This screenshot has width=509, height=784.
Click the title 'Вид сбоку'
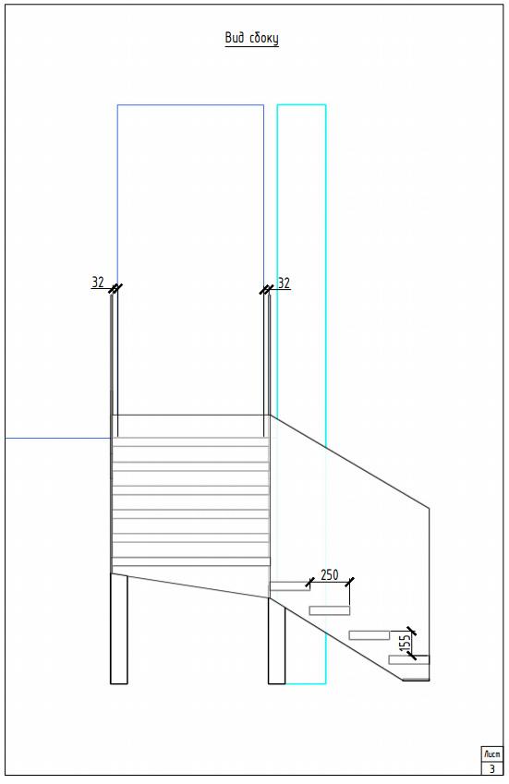click(251, 39)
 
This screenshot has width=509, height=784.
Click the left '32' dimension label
click(98, 283)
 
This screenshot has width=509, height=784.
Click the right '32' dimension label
click(284, 283)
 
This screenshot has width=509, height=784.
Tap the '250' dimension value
click(329, 575)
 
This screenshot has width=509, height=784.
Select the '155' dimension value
click(407, 644)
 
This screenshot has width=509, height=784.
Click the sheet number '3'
click(492, 768)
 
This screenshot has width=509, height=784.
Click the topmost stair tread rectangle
click(290, 586)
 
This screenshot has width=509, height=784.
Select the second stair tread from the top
click(330, 610)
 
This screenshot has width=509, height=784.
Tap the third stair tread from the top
click(369, 635)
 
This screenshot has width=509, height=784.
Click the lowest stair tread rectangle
click(409, 660)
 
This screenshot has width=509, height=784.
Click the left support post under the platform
click(119, 629)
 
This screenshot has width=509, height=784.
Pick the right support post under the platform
click(277, 641)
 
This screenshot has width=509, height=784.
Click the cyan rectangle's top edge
click(301, 105)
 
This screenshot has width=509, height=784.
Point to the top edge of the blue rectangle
click(190, 105)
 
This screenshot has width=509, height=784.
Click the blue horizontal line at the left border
click(58, 439)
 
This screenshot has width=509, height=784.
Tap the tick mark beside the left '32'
click(115, 289)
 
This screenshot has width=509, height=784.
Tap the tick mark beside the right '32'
click(266, 290)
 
